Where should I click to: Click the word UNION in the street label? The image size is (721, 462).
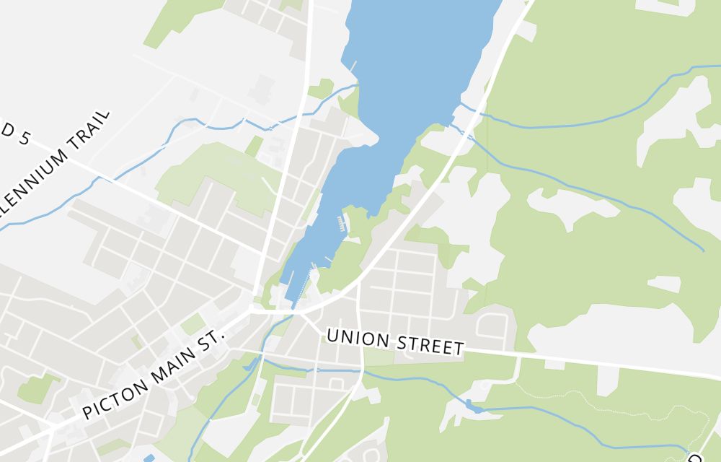353,339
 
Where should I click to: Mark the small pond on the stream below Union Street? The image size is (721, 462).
474,406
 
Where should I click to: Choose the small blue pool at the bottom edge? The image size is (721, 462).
149,458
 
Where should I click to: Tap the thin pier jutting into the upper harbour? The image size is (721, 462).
353,66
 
